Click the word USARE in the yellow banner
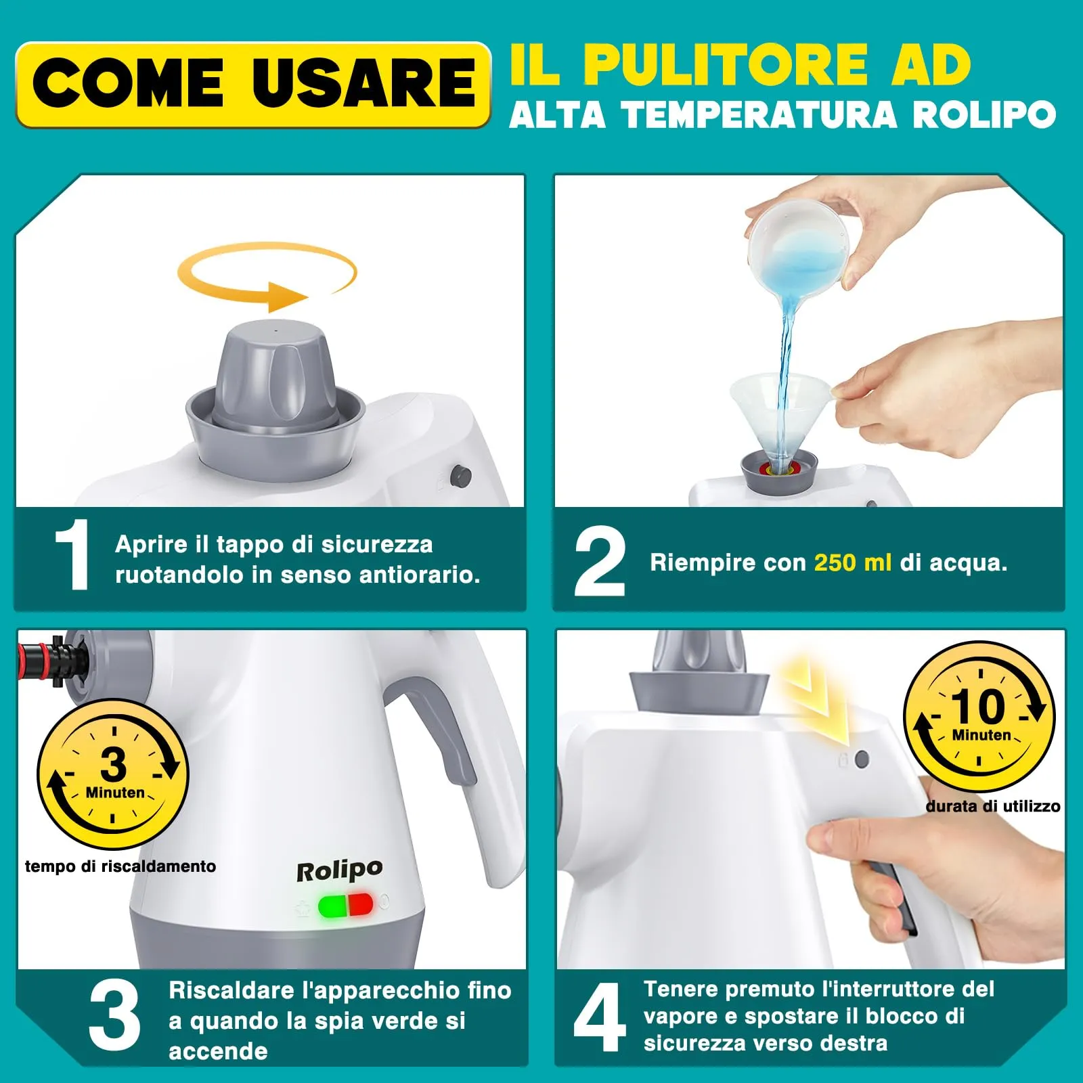[x=363, y=85]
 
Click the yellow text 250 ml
[x=852, y=563]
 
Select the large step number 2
[x=599, y=562]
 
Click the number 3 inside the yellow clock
[x=113, y=765]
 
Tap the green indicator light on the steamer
[x=332, y=906]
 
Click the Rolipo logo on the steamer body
[x=339, y=870]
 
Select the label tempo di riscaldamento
[x=120, y=866]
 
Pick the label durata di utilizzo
[x=992, y=806]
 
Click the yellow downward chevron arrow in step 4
[x=816, y=704]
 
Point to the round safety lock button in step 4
[x=862, y=759]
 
